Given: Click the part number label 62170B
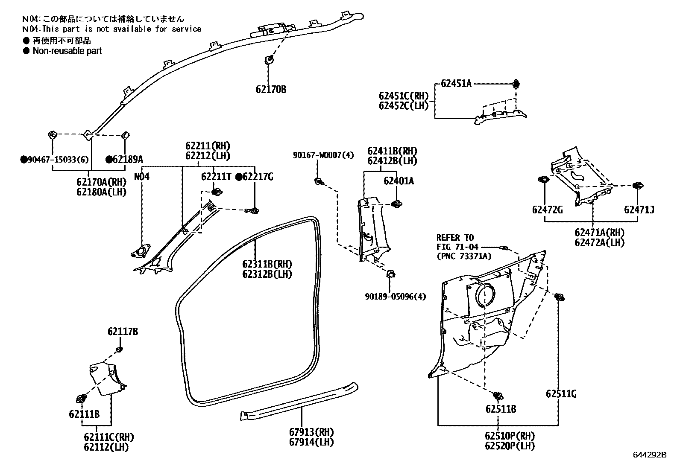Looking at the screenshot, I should click(x=271, y=90).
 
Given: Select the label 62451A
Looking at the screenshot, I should click(x=456, y=84).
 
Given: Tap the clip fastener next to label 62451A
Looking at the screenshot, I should click(x=516, y=84).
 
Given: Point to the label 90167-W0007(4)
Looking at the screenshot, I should click(x=323, y=155).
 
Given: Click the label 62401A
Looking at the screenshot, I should click(x=398, y=181).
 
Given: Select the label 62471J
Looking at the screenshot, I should click(x=639, y=210).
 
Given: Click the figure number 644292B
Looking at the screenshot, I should click(x=649, y=455).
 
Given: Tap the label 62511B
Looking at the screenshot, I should click(x=500, y=409).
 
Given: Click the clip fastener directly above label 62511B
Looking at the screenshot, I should click(x=498, y=396).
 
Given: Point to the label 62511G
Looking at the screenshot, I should click(x=561, y=394).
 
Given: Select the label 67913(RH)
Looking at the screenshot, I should click(x=311, y=432).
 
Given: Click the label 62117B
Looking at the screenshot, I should click(x=123, y=332).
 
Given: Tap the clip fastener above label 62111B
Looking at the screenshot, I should click(x=81, y=399).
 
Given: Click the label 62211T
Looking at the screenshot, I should click(x=216, y=176).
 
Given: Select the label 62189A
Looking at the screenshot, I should click(x=127, y=160).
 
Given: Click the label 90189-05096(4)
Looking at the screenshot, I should click(x=395, y=296).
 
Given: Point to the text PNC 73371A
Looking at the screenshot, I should click(x=463, y=256).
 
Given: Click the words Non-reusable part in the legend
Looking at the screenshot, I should click(x=67, y=51).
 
